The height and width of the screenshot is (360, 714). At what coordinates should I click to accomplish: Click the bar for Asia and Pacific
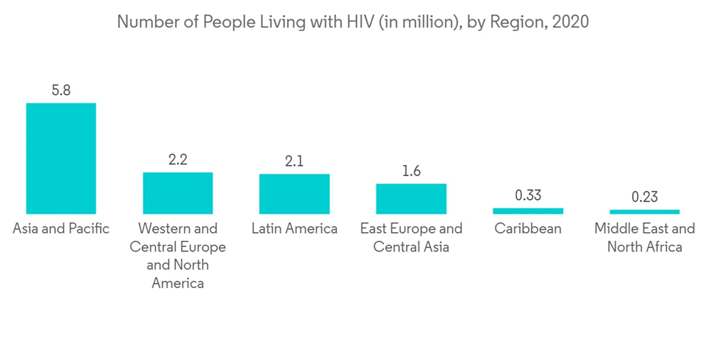click(61, 158)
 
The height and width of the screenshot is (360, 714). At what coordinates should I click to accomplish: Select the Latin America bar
click(294, 194)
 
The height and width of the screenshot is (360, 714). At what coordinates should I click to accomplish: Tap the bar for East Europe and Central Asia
click(411, 199)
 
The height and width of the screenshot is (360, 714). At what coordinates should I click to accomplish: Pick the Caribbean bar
click(528, 211)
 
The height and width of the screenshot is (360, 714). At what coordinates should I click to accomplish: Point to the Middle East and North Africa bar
click(645, 211)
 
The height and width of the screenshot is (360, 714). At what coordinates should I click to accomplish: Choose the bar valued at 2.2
click(178, 193)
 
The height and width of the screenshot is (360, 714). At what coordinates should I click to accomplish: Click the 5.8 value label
click(61, 91)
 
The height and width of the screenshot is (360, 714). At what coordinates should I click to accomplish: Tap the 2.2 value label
click(178, 160)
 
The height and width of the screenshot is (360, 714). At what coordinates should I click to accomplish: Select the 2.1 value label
click(294, 161)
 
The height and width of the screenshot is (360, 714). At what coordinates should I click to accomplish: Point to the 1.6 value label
click(411, 171)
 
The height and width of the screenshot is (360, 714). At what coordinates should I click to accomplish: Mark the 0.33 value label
click(528, 196)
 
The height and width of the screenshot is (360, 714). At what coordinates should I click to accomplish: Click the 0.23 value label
click(645, 197)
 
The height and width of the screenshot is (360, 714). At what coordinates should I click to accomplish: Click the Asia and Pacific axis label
click(61, 229)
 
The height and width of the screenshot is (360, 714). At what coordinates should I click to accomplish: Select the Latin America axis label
click(294, 229)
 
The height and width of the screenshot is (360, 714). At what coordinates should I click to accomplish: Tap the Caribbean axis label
click(528, 229)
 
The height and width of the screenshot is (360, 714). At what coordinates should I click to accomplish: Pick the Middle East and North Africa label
click(645, 238)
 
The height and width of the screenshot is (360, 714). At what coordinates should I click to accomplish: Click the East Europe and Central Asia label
click(411, 238)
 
